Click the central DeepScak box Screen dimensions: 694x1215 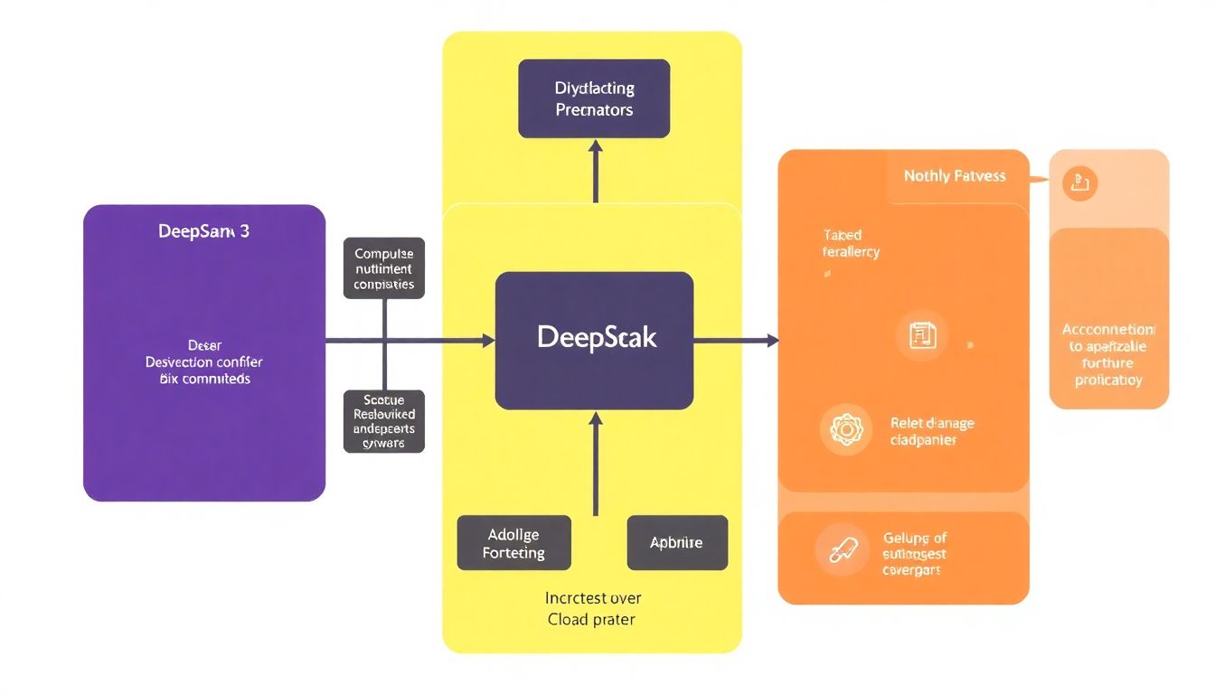tap(594, 341)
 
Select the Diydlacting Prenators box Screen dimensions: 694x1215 tap(594, 98)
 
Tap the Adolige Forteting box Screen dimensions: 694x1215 tap(513, 542)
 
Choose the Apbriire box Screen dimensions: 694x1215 tap(676, 542)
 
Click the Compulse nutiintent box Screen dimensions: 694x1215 tap(384, 268)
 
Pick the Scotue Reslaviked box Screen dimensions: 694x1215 tap(384, 421)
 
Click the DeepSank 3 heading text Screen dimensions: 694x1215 tap(204, 231)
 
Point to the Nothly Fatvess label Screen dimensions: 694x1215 tap(955, 176)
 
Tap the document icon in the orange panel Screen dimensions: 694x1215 tap(921, 336)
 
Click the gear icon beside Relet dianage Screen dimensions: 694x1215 tap(846, 429)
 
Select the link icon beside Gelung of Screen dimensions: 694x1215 tap(842, 549)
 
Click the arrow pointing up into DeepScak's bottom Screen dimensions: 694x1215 tap(595, 461)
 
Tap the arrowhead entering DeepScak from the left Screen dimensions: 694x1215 tap(488, 341)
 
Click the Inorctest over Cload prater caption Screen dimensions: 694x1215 tap(593, 608)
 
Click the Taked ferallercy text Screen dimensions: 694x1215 tap(850, 243)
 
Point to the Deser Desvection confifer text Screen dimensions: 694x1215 tap(204, 361)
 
